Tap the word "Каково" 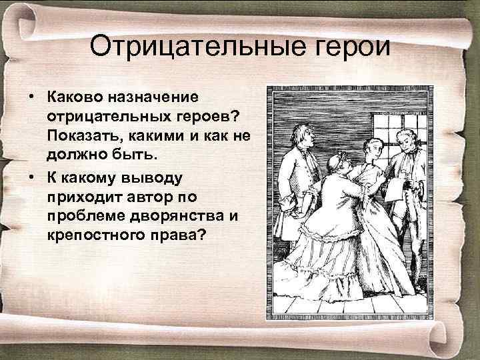coord(73,97)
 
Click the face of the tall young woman coord(371,133)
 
